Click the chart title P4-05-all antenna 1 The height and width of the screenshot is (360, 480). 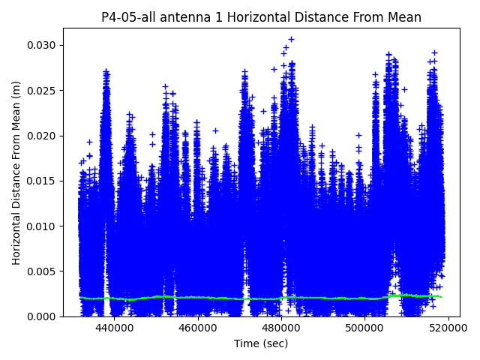pos(261,17)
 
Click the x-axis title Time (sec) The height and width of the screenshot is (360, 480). pos(261,343)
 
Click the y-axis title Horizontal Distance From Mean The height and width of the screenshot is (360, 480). pos(16,172)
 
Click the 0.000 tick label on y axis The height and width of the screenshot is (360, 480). pos(43,316)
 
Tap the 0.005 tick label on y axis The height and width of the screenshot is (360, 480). pos(43,271)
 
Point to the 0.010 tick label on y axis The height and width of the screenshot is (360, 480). pos(43,226)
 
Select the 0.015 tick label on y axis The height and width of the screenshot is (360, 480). pos(43,181)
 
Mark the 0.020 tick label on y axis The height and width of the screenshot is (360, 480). pos(43,136)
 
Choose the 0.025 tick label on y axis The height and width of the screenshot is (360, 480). pos(43,91)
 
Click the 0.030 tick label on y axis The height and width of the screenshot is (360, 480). pos(43,45)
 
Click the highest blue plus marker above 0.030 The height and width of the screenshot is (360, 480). pos(291,39)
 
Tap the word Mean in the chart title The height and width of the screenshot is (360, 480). pos(406,17)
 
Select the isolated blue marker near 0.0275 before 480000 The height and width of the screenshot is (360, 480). pos(274,69)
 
